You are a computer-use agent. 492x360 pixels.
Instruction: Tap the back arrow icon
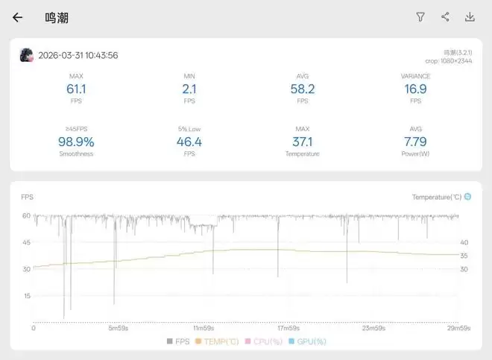[x=17, y=17]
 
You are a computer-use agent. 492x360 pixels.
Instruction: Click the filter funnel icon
[x=420, y=17]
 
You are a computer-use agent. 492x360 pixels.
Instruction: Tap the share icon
[x=445, y=17]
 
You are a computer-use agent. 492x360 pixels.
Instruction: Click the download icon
[x=470, y=17]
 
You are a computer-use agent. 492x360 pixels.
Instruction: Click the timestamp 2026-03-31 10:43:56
[x=78, y=55]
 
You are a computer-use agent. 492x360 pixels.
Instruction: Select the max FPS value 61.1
[x=76, y=89]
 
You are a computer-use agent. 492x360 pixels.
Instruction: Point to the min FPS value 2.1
[x=189, y=89]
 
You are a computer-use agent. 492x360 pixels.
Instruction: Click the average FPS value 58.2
[x=302, y=89]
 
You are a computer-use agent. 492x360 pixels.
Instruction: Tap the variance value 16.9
[x=415, y=89]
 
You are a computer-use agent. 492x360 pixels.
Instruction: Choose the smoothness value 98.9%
[x=76, y=142]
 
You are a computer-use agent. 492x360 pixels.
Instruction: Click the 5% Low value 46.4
[x=189, y=142]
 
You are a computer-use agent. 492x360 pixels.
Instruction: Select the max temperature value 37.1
[x=302, y=142]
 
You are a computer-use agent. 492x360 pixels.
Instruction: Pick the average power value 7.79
[x=415, y=142]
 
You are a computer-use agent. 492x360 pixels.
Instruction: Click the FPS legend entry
[x=179, y=341]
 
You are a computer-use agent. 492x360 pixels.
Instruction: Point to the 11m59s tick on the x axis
[x=203, y=328]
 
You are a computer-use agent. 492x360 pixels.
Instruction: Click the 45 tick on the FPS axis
[x=26, y=242]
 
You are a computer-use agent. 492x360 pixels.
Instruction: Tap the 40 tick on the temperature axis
[x=464, y=242]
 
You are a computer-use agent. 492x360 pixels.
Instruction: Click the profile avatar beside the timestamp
[x=27, y=55]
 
